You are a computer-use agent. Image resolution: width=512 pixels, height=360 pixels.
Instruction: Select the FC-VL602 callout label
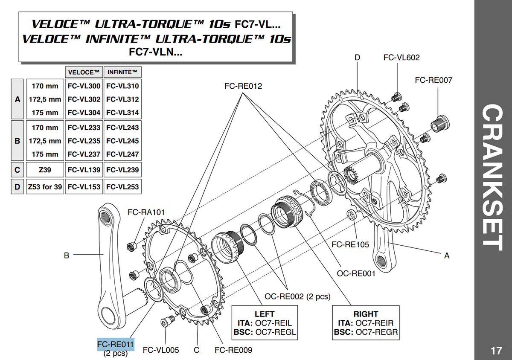coord(401,58)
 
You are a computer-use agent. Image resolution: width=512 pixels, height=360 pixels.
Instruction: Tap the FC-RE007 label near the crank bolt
coord(433,80)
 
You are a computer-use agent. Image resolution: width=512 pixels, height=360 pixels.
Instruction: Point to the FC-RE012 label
coord(243,86)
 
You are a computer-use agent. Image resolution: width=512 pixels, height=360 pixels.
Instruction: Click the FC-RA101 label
coord(146,212)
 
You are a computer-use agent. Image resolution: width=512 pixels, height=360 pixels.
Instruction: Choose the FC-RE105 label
coord(350,245)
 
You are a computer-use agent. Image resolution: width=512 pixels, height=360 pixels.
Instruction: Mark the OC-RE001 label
coord(356,273)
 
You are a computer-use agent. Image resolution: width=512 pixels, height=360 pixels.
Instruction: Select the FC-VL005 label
coord(161,350)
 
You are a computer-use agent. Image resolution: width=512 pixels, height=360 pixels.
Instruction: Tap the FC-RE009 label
coord(233,350)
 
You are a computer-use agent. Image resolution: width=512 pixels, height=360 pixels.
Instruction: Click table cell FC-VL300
coord(84,86)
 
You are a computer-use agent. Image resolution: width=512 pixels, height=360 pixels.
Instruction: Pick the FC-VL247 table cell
coord(122,154)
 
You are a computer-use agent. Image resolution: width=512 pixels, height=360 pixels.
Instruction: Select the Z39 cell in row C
coord(45,170)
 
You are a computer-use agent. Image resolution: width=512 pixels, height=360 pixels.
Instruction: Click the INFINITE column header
coord(122,72)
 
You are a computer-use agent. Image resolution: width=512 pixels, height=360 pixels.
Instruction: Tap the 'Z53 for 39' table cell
coord(45,187)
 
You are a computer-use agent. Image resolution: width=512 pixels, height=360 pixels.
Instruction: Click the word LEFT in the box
coord(264,314)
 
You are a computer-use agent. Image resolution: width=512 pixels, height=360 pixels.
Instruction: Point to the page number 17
coord(496,351)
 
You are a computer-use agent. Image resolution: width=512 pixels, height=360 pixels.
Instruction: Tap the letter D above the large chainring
coord(357,58)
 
